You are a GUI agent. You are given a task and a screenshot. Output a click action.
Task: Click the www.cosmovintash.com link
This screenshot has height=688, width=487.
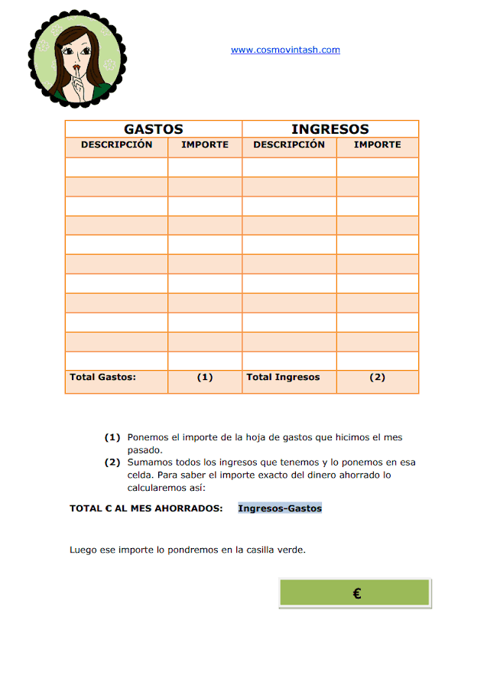pos(285,50)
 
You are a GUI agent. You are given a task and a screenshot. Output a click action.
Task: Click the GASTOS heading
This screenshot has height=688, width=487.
pos(154,129)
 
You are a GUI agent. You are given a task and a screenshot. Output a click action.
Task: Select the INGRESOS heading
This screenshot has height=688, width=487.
pos(330,129)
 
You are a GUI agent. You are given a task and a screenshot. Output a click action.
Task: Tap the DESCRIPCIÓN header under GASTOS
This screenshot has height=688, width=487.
pos(117,144)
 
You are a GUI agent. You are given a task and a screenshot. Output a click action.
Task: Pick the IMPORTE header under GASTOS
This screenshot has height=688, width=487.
pos(205,144)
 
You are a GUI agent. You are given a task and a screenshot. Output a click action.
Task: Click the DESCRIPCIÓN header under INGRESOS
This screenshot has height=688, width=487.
pos(289,144)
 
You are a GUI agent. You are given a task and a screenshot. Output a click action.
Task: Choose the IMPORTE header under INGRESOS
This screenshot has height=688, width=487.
pos(378,144)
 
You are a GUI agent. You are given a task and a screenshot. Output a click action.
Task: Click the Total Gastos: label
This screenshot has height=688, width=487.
pos(102,377)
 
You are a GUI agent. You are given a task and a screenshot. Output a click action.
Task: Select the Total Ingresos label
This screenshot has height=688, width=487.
pos(283,377)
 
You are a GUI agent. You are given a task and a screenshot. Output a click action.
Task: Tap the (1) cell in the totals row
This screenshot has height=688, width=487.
pos(205,377)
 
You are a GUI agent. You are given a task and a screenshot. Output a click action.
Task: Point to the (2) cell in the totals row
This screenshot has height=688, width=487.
pos(378,377)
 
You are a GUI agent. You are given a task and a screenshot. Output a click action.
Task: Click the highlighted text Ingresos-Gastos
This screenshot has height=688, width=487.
pos(280,508)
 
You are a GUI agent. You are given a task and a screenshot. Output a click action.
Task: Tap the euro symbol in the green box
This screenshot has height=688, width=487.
pos(357,593)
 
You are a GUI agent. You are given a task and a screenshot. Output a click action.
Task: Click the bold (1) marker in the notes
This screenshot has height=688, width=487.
pos(112,437)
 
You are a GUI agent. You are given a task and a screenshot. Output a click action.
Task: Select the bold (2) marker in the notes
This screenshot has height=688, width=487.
pos(112,462)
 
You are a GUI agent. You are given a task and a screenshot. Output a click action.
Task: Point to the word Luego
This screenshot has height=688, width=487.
pos(83,549)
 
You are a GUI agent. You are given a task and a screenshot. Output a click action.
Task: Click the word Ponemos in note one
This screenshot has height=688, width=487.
pos(148,437)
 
